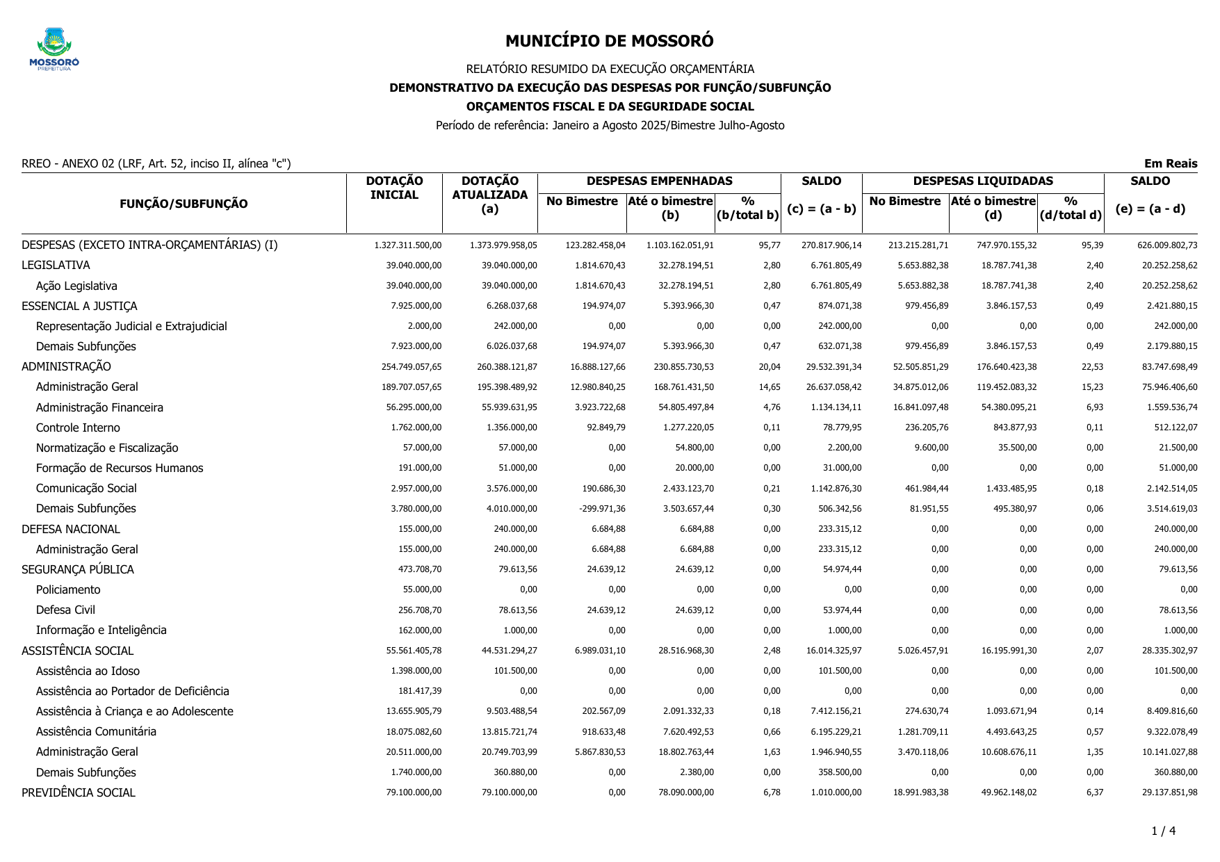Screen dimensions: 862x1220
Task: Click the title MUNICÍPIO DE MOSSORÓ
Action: click(609, 41)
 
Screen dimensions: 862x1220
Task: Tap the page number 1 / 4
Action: click(1163, 831)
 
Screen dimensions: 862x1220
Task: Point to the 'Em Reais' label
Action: click(1170, 164)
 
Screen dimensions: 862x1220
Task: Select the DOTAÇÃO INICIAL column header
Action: click(394, 188)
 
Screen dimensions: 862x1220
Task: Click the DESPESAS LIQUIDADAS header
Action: click(982, 181)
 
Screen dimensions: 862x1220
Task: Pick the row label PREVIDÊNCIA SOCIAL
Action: click(79, 792)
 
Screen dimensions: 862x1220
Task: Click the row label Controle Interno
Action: click(78, 428)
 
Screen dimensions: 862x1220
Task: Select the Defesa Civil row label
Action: click(65, 610)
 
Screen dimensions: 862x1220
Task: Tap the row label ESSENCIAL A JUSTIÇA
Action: click(79, 306)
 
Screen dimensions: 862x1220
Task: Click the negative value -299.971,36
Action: click(602, 509)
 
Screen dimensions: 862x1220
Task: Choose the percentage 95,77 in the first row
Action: click(770, 245)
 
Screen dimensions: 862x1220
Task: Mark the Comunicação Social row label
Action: click(86, 489)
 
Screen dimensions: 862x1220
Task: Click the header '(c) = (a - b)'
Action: click(821, 209)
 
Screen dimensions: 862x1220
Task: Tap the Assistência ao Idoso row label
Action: click(88, 671)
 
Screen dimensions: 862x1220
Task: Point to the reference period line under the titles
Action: click(610, 126)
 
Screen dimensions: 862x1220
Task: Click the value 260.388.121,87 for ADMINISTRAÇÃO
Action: click(507, 367)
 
